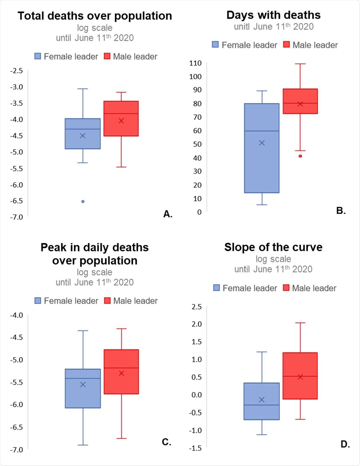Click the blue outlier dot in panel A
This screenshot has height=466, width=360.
tap(83, 201)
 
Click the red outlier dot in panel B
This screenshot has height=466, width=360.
tap(300, 156)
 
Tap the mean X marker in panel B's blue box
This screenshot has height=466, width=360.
tap(262, 143)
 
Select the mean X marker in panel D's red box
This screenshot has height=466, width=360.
tap(300, 377)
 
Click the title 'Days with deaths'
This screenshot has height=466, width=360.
tap(273, 15)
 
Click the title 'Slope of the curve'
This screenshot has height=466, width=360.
tap(273, 247)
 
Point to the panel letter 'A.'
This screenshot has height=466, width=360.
tap(168, 214)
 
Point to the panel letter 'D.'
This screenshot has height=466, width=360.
tap(345, 444)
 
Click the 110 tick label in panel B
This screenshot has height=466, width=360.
tap(195, 63)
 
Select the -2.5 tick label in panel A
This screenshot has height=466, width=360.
tap(16, 71)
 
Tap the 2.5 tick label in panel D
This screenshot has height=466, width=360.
tap(197, 307)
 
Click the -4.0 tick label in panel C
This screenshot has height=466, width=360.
tap(16, 315)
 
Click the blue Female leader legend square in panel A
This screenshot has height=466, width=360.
tap(38, 56)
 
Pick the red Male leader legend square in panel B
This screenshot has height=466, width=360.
tap(286, 45)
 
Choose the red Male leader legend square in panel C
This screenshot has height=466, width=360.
tap(107, 301)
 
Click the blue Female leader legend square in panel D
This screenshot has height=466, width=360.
tap(216, 288)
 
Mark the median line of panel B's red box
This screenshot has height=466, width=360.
tap(300, 103)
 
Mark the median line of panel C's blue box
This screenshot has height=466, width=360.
tap(83, 378)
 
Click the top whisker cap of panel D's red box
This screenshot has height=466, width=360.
tap(300, 323)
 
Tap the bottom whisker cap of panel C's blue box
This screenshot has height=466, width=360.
tap(83, 445)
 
